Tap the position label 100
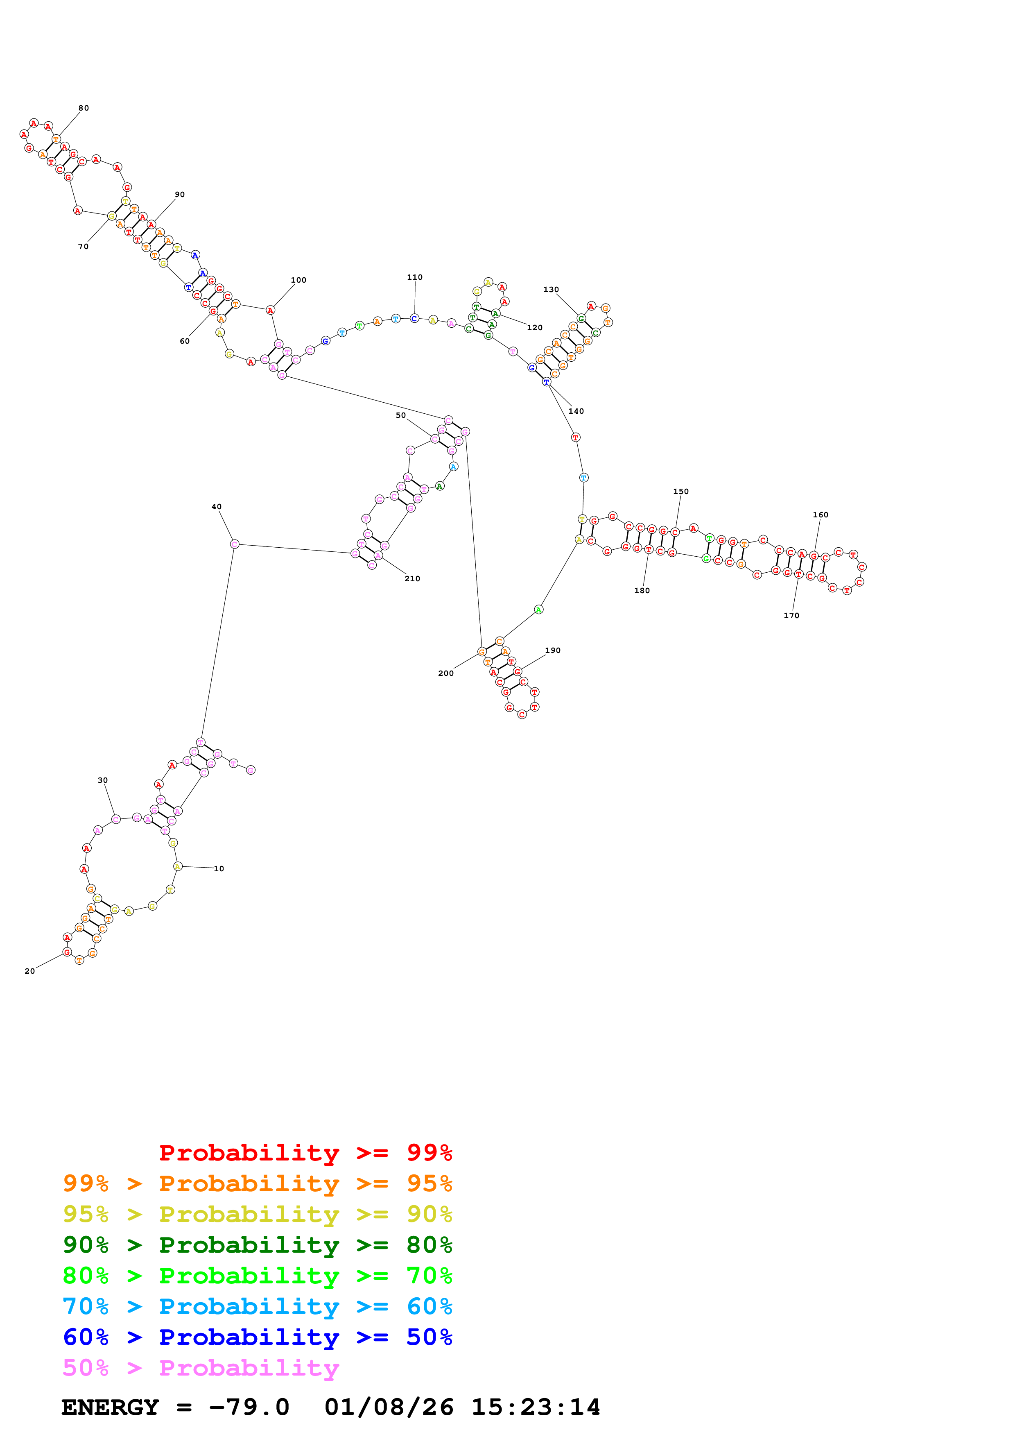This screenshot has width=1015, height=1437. coord(298,280)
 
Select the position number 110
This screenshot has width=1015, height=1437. coord(415,277)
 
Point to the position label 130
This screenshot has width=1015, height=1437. coord(551,290)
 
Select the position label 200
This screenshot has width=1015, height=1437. coord(445,673)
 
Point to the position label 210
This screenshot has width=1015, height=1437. coord(412,579)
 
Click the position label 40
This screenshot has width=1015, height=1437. coord(216,507)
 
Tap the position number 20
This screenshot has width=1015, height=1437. coord(29,971)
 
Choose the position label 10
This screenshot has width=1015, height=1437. coord(219,869)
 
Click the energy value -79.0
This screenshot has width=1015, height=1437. coord(249,1407)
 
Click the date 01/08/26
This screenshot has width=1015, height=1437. coord(389,1407)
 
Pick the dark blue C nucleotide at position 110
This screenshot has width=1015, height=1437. coord(414,319)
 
